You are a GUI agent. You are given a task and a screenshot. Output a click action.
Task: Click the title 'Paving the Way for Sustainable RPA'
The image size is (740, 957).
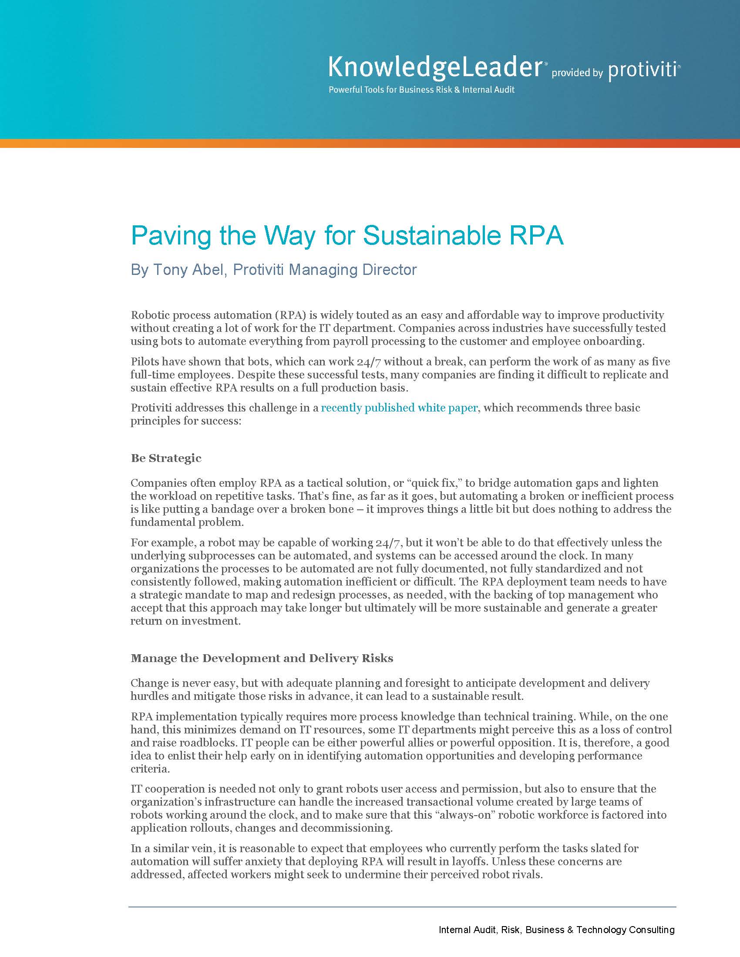pos(347,236)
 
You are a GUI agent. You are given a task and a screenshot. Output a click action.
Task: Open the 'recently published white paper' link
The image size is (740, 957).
pos(399,408)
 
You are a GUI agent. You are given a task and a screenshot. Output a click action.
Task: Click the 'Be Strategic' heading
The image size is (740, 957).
pos(166,458)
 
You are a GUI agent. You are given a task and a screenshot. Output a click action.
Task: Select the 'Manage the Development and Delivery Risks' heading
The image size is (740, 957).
pos(262,659)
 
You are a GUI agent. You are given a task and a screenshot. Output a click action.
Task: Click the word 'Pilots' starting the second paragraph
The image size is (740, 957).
pos(145,362)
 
